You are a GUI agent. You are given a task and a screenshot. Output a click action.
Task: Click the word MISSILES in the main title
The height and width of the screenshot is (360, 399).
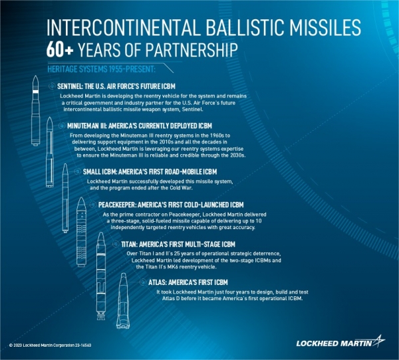point(325,27)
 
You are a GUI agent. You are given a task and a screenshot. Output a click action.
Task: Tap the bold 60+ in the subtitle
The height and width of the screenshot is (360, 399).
point(60,50)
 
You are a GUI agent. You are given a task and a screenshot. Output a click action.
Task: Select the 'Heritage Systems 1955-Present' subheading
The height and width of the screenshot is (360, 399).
point(101,69)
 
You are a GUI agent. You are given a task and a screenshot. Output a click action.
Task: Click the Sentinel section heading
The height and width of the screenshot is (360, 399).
point(116,86)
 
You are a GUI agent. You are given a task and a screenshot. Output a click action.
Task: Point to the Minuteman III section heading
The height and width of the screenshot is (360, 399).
point(140,126)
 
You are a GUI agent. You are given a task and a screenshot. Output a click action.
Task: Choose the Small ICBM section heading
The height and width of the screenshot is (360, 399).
point(150,172)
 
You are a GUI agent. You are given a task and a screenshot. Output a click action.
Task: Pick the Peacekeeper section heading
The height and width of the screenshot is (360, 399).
point(171,205)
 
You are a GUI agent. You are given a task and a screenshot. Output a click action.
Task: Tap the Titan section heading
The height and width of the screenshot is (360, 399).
point(178,244)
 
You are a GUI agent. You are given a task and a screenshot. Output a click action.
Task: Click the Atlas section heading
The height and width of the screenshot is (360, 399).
point(188,282)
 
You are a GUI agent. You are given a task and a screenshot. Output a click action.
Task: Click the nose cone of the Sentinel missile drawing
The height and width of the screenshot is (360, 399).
point(36,82)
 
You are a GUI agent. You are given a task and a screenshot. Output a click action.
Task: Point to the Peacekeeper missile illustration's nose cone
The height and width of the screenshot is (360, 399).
point(81,203)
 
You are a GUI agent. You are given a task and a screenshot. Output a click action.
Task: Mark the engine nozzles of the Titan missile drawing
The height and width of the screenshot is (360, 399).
point(101,315)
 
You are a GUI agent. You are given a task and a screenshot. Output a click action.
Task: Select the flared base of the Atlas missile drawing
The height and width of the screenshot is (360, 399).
point(124,323)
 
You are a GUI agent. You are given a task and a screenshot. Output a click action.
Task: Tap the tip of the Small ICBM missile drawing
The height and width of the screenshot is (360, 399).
point(65,164)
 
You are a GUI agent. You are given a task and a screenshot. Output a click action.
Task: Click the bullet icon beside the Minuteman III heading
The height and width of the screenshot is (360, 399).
point(62,126)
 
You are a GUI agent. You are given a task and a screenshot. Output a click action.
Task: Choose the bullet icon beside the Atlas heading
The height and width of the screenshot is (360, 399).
point(143,282)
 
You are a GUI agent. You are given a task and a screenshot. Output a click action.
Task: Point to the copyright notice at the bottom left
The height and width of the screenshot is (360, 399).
point(50,345)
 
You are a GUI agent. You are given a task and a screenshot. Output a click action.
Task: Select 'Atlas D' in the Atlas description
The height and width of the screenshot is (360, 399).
point(171,298)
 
